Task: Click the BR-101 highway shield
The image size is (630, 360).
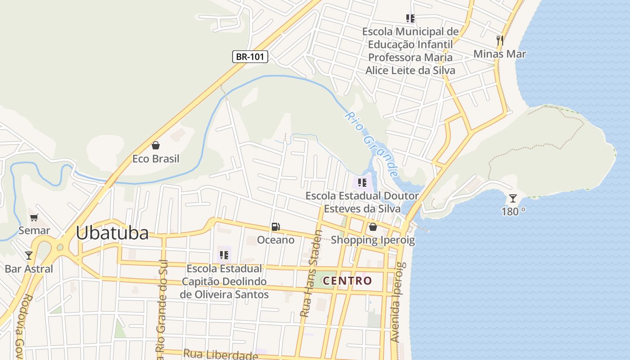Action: tap(250, 57)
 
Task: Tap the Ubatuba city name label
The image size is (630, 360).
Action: tap(112, 233)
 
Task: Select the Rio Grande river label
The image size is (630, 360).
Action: tap(372, 144)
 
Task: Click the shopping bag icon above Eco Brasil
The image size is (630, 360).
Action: tap(156, 145)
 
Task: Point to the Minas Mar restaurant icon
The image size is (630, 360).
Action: tap(499, 40)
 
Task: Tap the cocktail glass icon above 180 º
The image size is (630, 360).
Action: tap(513, 198)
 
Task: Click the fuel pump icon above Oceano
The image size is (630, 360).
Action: tap(276, 227)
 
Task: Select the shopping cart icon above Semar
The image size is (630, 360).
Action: tap(34, 218)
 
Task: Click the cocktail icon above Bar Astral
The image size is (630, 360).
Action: tap(29, 256)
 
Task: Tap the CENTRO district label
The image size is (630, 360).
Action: tap(348, 281)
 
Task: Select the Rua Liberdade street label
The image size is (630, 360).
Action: tap(220, 355)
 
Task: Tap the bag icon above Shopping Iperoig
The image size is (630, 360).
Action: tap(373, 227)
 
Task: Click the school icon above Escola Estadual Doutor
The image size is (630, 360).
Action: tap(362, 183)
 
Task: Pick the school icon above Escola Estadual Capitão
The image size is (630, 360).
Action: tap(224, 255)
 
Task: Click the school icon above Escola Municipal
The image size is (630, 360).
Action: tap(410, 18)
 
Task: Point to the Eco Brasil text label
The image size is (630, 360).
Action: tap(156, 159)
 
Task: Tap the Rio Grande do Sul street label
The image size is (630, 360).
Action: tap(162, 310)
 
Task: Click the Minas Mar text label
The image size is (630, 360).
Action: tap(499, 54)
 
